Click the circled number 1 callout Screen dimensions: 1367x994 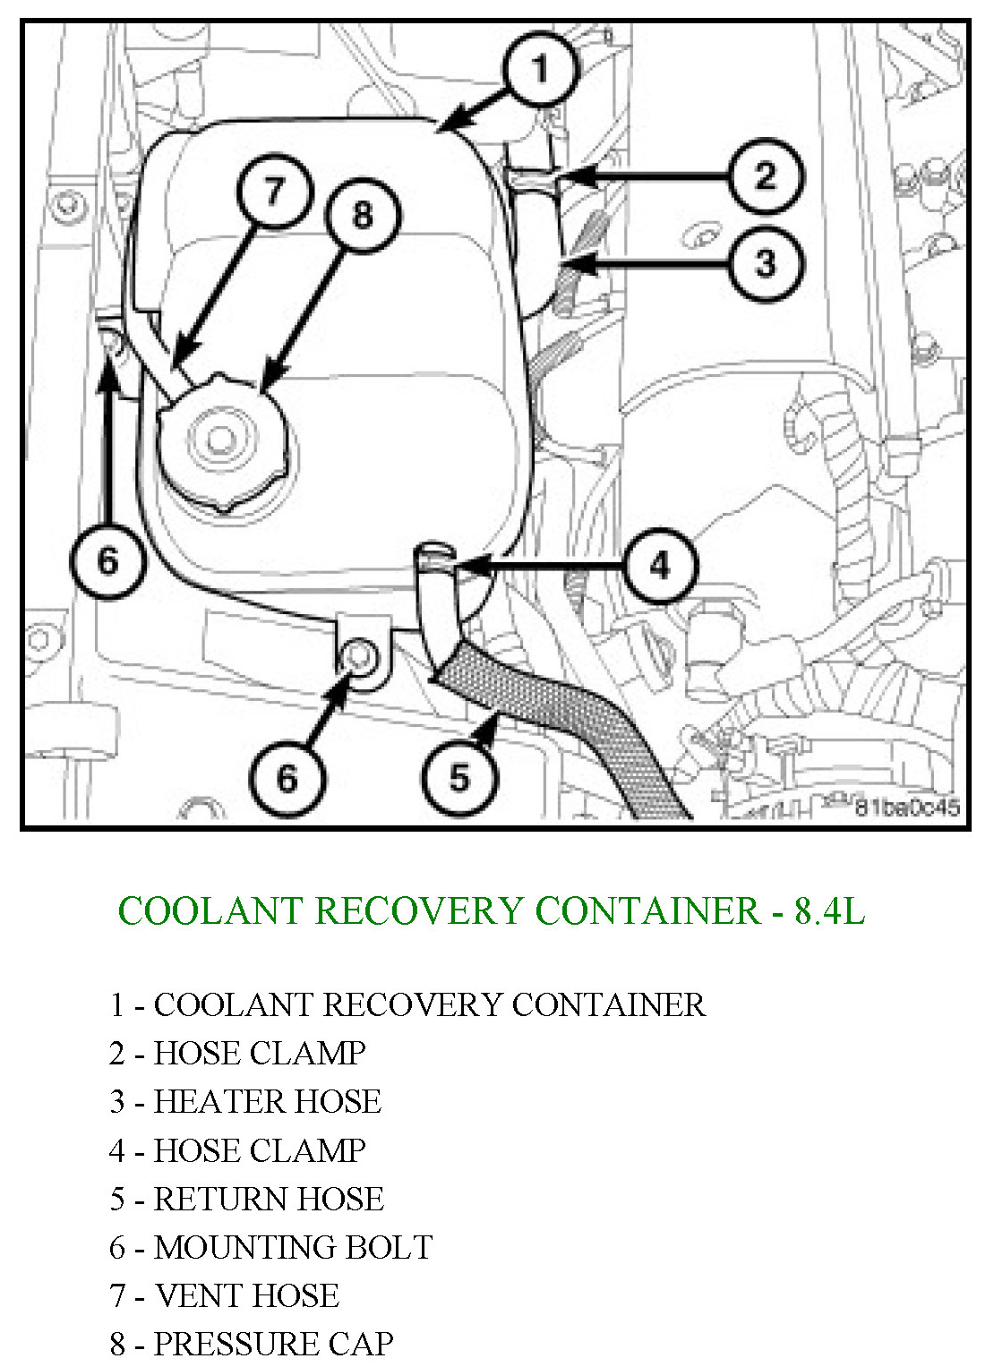coord(539,70)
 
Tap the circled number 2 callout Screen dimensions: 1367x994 coord(765,176)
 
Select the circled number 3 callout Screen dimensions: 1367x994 coord(765,263)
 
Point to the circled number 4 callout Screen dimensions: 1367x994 coord(659,565)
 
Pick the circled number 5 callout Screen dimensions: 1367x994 coord(458,777)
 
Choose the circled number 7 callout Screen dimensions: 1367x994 coord(273,190)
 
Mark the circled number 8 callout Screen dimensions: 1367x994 coord(362,215)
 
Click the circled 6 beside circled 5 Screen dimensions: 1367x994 coord(286,777)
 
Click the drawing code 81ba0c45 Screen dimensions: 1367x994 coord(906,807)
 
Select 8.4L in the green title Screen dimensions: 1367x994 coord(829,910)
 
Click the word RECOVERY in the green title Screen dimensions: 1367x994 coord(419,910)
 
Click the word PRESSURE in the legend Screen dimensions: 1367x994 coord(235,1344)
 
